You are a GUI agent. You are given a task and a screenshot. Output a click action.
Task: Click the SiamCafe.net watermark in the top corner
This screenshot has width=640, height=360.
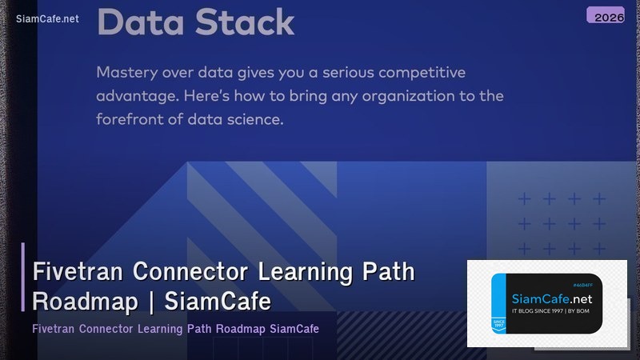[x=47, y=19]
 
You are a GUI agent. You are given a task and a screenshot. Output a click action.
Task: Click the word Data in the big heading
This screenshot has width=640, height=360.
[x=139, y=22]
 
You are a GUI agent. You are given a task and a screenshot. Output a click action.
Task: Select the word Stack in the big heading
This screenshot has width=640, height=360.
[x=243, y=22]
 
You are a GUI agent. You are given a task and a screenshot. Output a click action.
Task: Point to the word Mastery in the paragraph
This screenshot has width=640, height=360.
[x=127, y=73]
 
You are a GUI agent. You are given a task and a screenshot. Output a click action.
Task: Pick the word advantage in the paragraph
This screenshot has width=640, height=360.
[x=138, y=96]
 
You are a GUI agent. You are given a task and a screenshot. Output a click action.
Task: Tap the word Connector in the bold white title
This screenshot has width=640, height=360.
[x=191, y=272]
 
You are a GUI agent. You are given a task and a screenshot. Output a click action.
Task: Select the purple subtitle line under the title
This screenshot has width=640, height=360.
[x=175, y=329]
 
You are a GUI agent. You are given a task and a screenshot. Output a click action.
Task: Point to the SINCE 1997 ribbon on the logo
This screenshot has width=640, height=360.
[x=500, y=324]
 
